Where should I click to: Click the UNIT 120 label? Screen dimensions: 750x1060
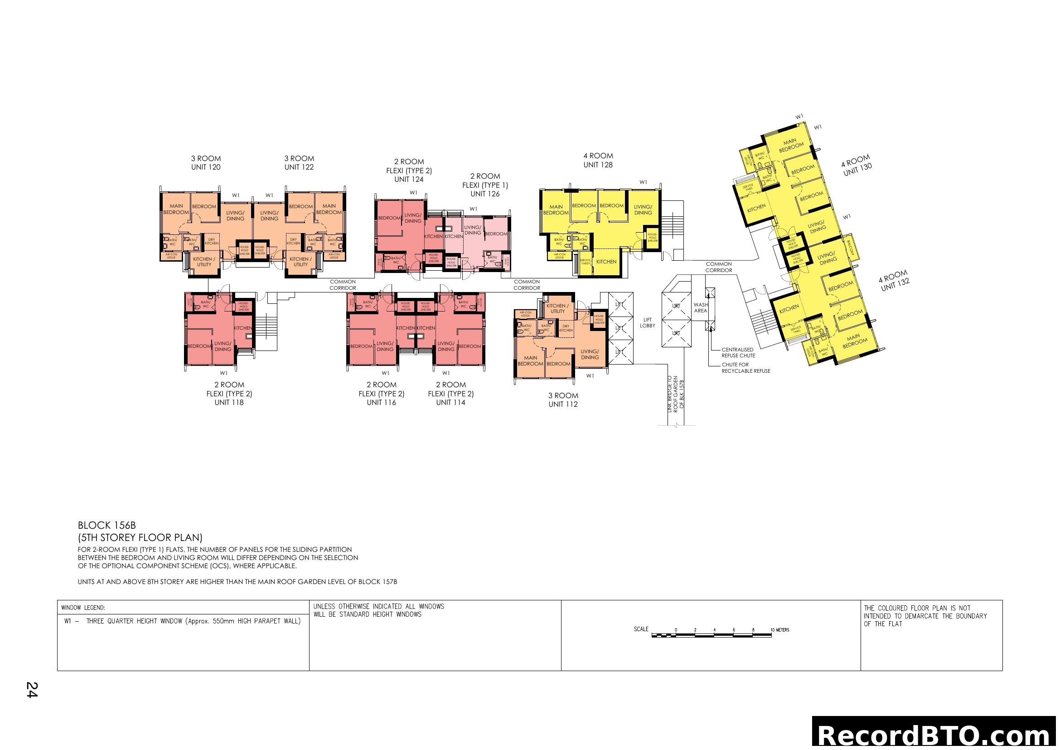coord(205,167)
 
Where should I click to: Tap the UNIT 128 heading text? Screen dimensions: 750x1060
coord(597,165)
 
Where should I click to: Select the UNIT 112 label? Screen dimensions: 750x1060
coord(563,404)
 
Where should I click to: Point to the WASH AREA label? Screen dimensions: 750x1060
coord(700,308)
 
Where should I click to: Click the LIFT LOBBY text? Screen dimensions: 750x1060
coord(647,323)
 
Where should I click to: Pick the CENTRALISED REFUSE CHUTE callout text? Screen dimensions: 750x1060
coord(738,353)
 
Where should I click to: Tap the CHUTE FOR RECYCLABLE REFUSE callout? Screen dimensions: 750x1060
coord(745,368)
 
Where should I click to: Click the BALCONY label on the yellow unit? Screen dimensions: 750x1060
coord(850,248)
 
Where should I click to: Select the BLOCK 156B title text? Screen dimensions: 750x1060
coord(106,526)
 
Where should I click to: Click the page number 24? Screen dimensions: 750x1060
coord(31,690)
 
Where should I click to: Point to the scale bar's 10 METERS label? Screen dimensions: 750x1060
coord(779,630)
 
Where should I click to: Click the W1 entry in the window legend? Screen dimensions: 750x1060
coord(182,621)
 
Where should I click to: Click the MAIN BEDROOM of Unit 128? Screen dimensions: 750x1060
coord(556,209)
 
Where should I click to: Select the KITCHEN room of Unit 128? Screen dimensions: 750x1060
coord(606,262)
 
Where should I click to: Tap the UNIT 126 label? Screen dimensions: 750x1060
coord(485,194)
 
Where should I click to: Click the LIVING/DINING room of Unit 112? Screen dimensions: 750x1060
coord(590,354)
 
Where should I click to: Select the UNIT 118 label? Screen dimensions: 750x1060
coord(228,403)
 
